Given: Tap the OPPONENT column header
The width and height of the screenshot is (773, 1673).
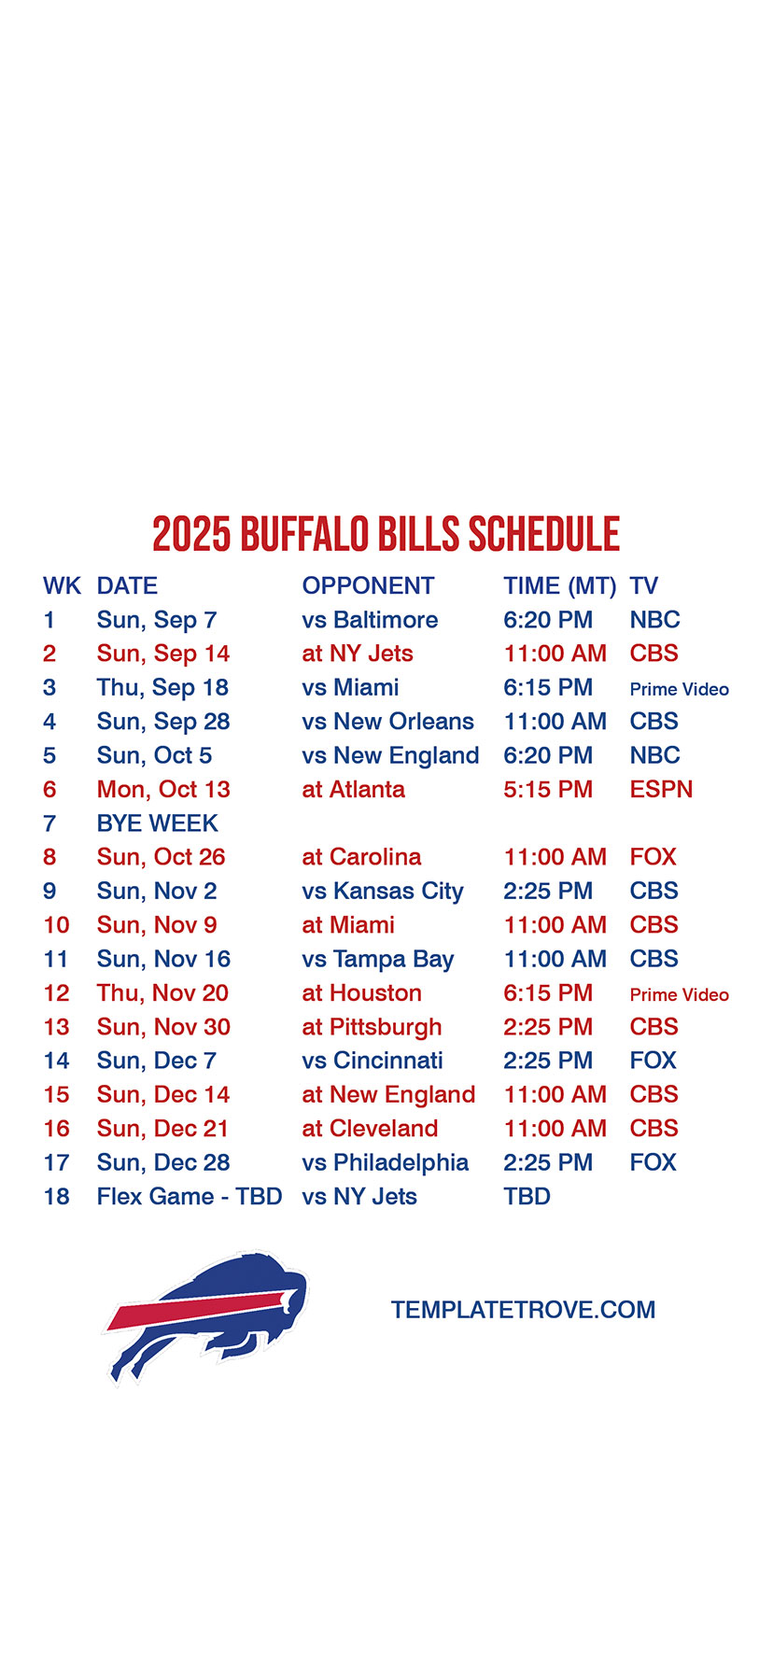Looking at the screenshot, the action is tap(368, 586).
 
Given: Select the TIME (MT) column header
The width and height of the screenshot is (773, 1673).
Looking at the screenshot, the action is tap(560, 586).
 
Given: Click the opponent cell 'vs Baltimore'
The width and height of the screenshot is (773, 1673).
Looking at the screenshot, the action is tap(370, 620).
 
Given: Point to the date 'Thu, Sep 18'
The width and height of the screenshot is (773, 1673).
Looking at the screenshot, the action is tap(162, 688).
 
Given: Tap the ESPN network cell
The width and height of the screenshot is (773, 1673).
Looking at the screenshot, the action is tap(661, 790).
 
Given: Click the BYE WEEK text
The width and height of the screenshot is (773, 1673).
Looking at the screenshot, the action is tap(158, 823).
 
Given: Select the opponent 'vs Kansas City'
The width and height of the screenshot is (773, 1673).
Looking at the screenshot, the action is tap(383, 892).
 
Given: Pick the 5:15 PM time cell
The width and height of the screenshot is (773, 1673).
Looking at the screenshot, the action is tap(548, 790).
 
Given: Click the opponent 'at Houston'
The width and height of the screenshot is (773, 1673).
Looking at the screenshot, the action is tap(362, 993).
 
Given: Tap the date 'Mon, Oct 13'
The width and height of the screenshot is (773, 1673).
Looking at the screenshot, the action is tap(163, 790).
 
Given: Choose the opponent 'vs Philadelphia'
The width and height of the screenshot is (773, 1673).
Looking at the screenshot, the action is tap(386, 1163).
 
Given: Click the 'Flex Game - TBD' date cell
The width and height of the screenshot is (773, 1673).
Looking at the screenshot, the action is tap(190, 1197).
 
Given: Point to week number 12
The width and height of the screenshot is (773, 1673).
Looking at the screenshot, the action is tap(57, 993).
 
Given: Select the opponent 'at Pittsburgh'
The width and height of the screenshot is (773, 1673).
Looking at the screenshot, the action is tap(372, 1028).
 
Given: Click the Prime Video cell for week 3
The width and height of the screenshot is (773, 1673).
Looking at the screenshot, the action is tap(680, 689).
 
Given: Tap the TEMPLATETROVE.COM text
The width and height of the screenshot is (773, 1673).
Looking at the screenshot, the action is tap(523, 1310).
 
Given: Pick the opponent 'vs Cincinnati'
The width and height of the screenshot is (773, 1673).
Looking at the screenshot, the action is tap(372, 1061).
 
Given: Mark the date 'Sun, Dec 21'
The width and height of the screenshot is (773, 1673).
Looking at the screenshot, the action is tap(162, 1130).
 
